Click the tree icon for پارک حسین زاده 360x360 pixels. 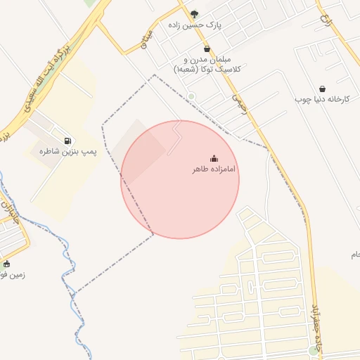pyautogui.click(x=195, y=13)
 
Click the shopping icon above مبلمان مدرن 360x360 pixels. pyautogui.click(x=206, y=49)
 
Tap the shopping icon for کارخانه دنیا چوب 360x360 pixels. pyautogui.click(x=322, y=89)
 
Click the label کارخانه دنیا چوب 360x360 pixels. pyautogui.click(x=321, y=100)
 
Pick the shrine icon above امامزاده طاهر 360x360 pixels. pyautogui.click(x=214, y=158)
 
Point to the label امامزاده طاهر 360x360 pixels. pyautogui.click(x=214, y=170)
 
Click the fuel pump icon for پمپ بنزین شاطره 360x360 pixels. pyautogui.click(x=67, y=140)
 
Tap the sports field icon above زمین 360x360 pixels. pyautogui.click(x=6, y=264)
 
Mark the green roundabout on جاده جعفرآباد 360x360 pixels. pyautogui.click(x=313, y=350)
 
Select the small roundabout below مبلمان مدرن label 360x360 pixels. pyautogui.click(x=191, y=96)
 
